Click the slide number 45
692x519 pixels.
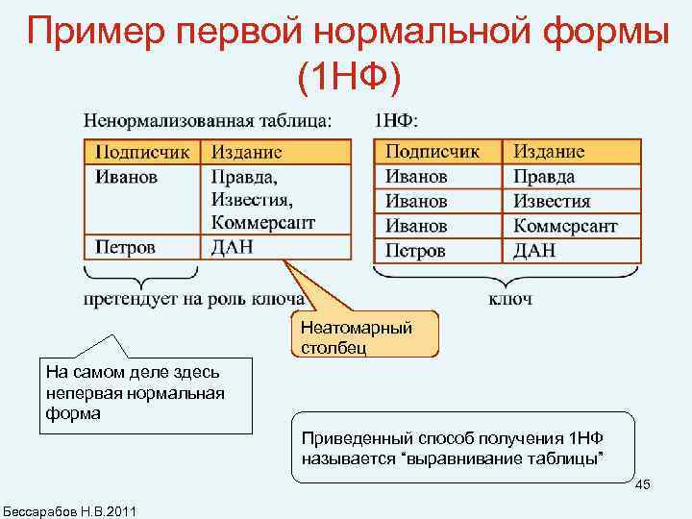pos(643,483)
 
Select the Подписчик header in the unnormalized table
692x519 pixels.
pos(142,153)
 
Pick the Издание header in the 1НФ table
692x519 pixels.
pos(549,153)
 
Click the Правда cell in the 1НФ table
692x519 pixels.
pos(544,177)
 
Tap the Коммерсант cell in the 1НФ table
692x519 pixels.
pos(565,227)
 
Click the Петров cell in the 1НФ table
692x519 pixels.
pos(415,251)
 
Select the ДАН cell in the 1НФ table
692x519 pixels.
pos(534,251)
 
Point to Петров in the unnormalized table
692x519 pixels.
pos(125,247)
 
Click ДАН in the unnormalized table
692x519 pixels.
pos(233,247)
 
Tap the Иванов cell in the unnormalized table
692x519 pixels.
pos(127,177)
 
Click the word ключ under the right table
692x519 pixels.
pos(510,300)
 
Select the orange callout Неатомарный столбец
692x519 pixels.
pos(362,335)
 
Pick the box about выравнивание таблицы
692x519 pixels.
pos(462,447)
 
